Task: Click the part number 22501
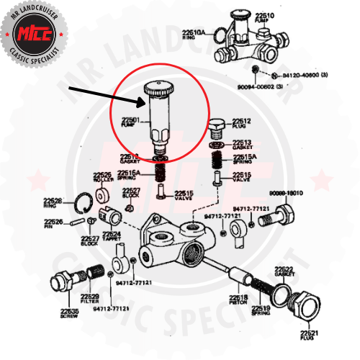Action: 130,120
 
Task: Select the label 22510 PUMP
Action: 264,17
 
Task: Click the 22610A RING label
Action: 194,34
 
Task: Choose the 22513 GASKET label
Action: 242,145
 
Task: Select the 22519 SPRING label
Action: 261,311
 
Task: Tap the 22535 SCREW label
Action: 69,314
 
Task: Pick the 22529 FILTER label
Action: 90,299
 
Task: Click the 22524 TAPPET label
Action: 112,235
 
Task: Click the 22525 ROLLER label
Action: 102,177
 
